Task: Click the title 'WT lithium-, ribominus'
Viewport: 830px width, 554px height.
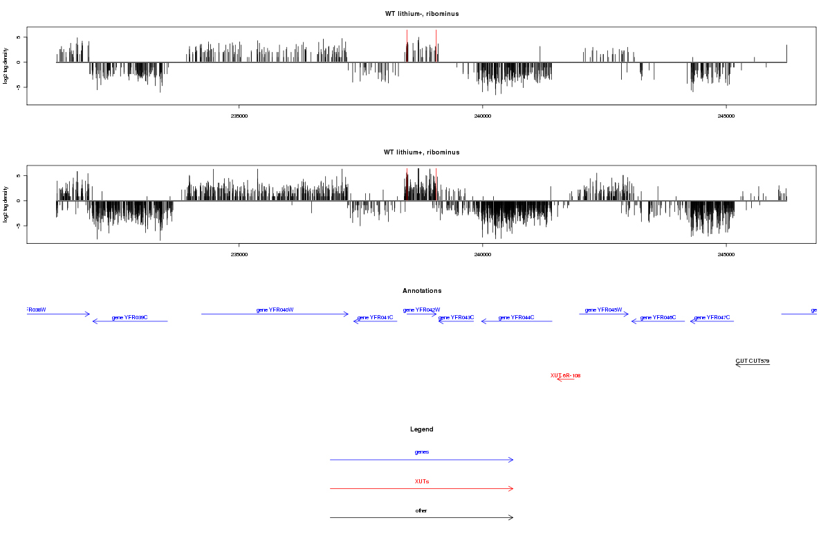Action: [x=422, y=14]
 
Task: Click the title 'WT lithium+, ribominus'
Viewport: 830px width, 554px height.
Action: [x=422, y=152]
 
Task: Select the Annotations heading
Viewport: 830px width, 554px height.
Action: [x=422, y=291]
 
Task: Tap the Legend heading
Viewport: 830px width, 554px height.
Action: [x=422, y=429]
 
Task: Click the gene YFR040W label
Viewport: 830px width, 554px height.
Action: [x=275, y=310]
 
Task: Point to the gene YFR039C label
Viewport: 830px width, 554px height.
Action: [x=130, y=317]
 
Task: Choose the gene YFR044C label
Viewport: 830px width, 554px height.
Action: [x=517, y=317]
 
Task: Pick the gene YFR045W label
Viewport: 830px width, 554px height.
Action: [x=604, y=310]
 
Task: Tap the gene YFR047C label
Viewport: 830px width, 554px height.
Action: [x=712, y=317]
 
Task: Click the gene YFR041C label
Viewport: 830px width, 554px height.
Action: [x=375, y=317]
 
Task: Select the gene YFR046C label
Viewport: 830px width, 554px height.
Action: [x=658, y=317]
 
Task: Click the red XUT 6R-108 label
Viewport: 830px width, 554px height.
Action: [x=565, y=375]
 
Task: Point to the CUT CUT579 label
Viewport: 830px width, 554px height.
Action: [x=753, y=361]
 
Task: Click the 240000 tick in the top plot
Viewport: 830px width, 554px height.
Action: [x=483, y=116]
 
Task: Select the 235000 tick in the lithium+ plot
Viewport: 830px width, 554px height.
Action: [x=239, y=254]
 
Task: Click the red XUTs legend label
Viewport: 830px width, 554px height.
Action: [x=422, y=481]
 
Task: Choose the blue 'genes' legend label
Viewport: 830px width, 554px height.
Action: [x=422, y=452]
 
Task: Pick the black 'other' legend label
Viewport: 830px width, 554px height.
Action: [x=422, y=510]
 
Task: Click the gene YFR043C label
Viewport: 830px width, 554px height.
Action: [x=456, y=317]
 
